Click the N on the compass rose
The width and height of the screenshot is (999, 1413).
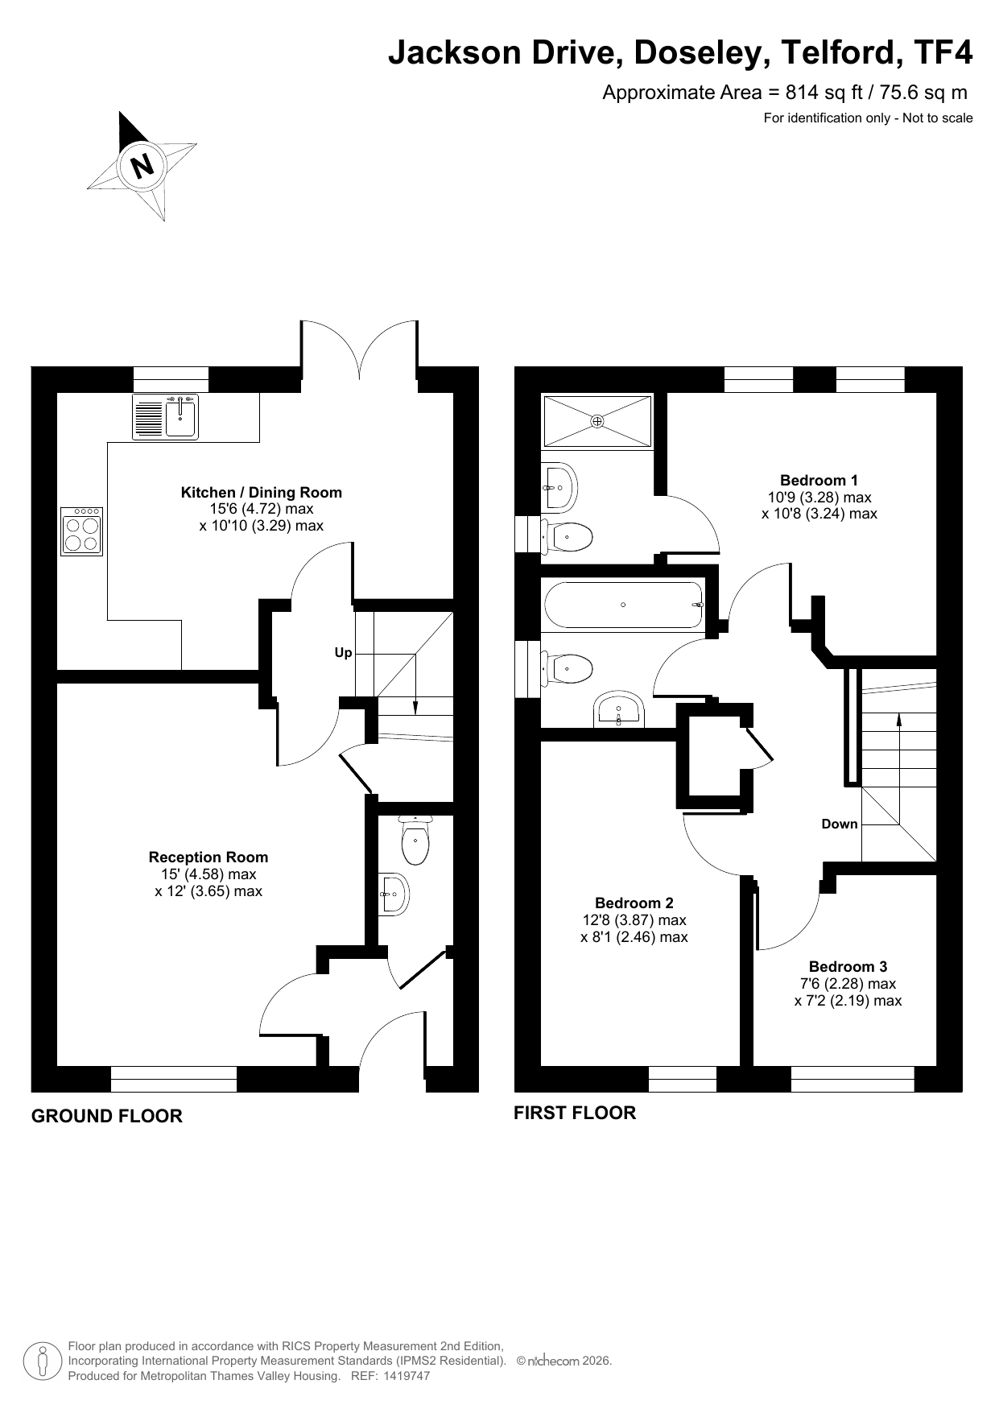142,165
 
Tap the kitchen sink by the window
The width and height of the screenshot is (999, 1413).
165,417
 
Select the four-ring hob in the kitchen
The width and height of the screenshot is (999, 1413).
81,531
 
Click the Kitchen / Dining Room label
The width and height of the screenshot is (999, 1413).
262,493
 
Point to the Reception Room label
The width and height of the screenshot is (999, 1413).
208,857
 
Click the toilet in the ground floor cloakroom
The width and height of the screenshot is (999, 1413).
415,839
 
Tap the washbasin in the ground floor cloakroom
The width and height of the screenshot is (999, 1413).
394,894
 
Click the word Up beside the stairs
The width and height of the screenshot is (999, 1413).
344,653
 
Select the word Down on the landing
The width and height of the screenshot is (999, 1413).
840,824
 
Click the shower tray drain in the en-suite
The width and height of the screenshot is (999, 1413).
597,420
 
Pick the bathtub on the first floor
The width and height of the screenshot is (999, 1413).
624,605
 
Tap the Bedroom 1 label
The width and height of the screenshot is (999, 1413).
819,481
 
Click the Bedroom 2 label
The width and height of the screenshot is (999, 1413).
634,903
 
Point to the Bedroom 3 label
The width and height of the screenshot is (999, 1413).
848,967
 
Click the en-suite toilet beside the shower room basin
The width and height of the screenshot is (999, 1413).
568,534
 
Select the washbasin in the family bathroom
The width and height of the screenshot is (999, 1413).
618,710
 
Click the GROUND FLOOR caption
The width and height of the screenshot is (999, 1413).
107,1116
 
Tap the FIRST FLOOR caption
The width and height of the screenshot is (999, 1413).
575,1113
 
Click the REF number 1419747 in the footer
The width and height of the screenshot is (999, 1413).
408,1376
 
